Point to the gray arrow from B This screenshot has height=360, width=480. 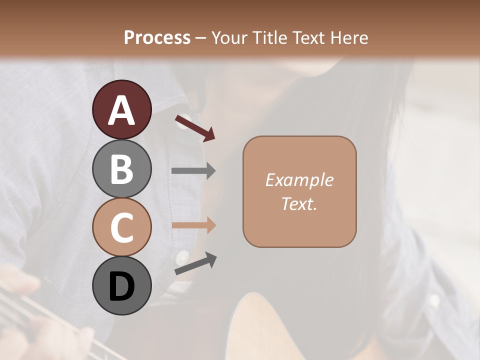tap(193, 171)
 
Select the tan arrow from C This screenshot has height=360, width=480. tap(193, 225)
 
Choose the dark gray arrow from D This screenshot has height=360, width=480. tap(195, 263)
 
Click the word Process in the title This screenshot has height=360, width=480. tap(157, 37)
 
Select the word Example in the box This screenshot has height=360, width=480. tap(299, 180)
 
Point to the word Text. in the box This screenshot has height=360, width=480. tap(299, 203)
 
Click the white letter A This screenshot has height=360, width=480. tap(121, 109)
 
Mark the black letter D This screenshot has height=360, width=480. tap(121, 286)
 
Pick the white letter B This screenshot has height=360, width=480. tap(121, 168)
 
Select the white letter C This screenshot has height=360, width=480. tap(121, 227)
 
